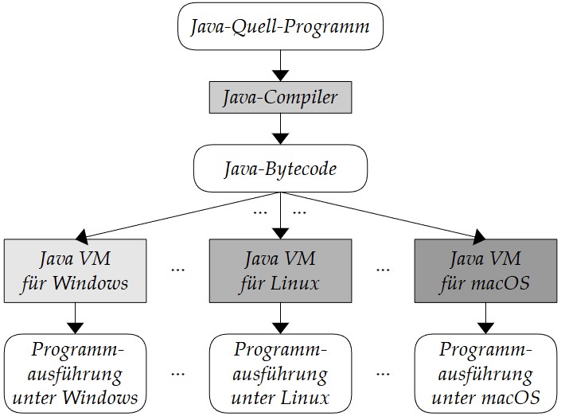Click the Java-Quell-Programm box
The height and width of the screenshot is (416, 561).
280,27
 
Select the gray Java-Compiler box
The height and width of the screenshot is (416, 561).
280,98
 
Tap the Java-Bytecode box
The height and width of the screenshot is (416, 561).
280,169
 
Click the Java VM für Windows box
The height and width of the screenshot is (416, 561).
75,270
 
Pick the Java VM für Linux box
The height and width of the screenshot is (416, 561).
280,270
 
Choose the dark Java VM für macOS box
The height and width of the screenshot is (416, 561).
485,270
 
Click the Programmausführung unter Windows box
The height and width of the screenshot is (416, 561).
75,373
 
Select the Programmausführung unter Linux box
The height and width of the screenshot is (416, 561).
280,373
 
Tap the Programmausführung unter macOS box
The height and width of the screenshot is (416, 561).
485,373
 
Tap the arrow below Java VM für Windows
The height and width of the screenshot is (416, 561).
75,319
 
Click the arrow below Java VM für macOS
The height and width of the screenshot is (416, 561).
485,319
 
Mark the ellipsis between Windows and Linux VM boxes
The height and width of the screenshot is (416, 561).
177,270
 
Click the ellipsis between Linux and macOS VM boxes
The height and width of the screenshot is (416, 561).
383,270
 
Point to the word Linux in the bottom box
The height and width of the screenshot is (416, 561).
306,396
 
